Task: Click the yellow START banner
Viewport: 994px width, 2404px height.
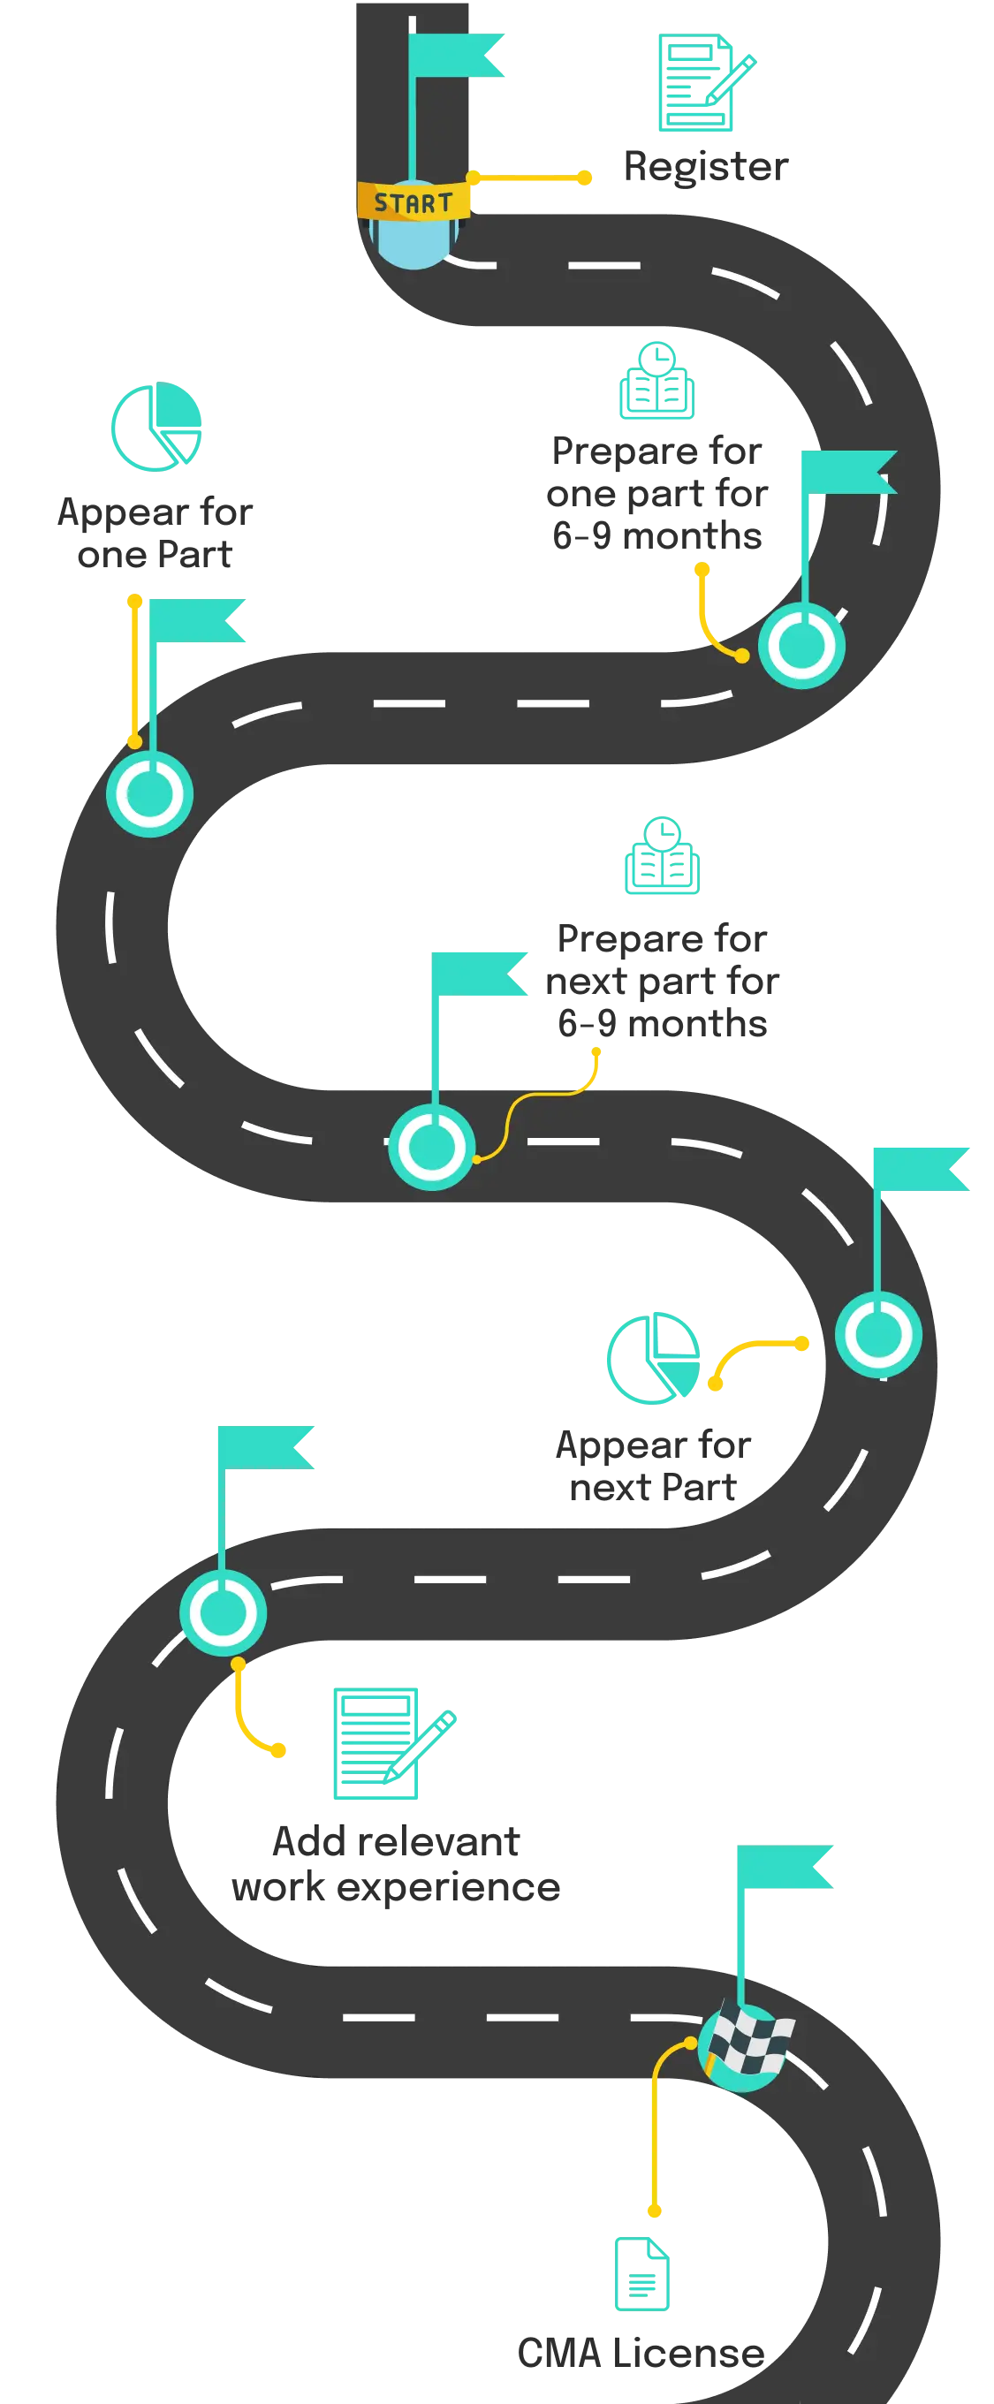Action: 414,201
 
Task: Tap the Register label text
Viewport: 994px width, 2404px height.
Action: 706,168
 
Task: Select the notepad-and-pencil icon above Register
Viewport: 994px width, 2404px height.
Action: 705,81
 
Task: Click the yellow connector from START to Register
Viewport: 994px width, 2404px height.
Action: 529,178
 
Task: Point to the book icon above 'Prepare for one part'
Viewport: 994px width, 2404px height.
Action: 657,383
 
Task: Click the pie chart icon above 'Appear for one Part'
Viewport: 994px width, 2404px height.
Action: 156,427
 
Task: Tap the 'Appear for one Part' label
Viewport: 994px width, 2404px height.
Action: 155,535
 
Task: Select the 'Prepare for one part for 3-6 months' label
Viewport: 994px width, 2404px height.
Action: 657,492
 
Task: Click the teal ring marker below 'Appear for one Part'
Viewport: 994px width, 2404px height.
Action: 149,793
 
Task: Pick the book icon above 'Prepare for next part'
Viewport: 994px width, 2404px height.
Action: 661,857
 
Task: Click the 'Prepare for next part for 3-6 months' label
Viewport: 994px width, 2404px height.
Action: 663,980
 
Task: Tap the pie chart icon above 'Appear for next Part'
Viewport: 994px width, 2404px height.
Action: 652,1356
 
